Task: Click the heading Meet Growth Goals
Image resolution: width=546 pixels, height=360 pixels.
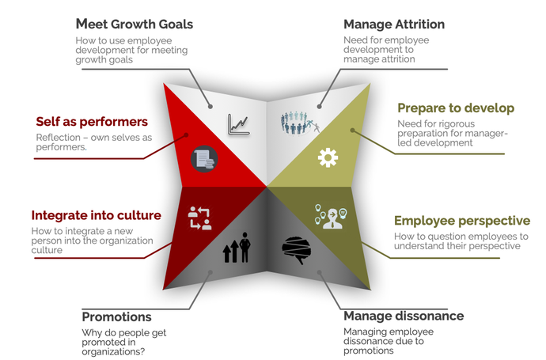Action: pos(134,25)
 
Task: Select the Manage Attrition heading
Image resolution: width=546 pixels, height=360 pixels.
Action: pos(393,25)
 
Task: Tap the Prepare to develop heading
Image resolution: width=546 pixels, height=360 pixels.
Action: pos(455,108)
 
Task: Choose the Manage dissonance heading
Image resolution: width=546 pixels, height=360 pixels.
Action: pos(404,316)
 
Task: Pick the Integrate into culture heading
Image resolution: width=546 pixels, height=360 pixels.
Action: pos(96,215)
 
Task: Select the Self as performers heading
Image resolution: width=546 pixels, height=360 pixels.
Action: pos(91,123)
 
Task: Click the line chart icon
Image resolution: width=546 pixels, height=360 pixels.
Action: pos(239,123)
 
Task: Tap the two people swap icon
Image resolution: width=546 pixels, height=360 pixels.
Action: pos(199,218)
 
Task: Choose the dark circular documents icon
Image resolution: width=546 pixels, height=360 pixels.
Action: pos(204,159)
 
